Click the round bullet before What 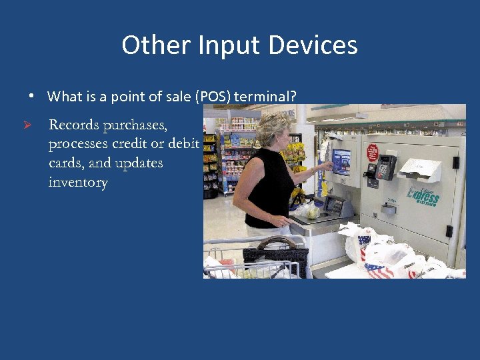[31, 96]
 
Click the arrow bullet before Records [27, 125]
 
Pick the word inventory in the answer [78, 182]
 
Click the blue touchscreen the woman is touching [341, 161]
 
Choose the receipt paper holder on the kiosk [420, 171]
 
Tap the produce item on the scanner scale [311, 211]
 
